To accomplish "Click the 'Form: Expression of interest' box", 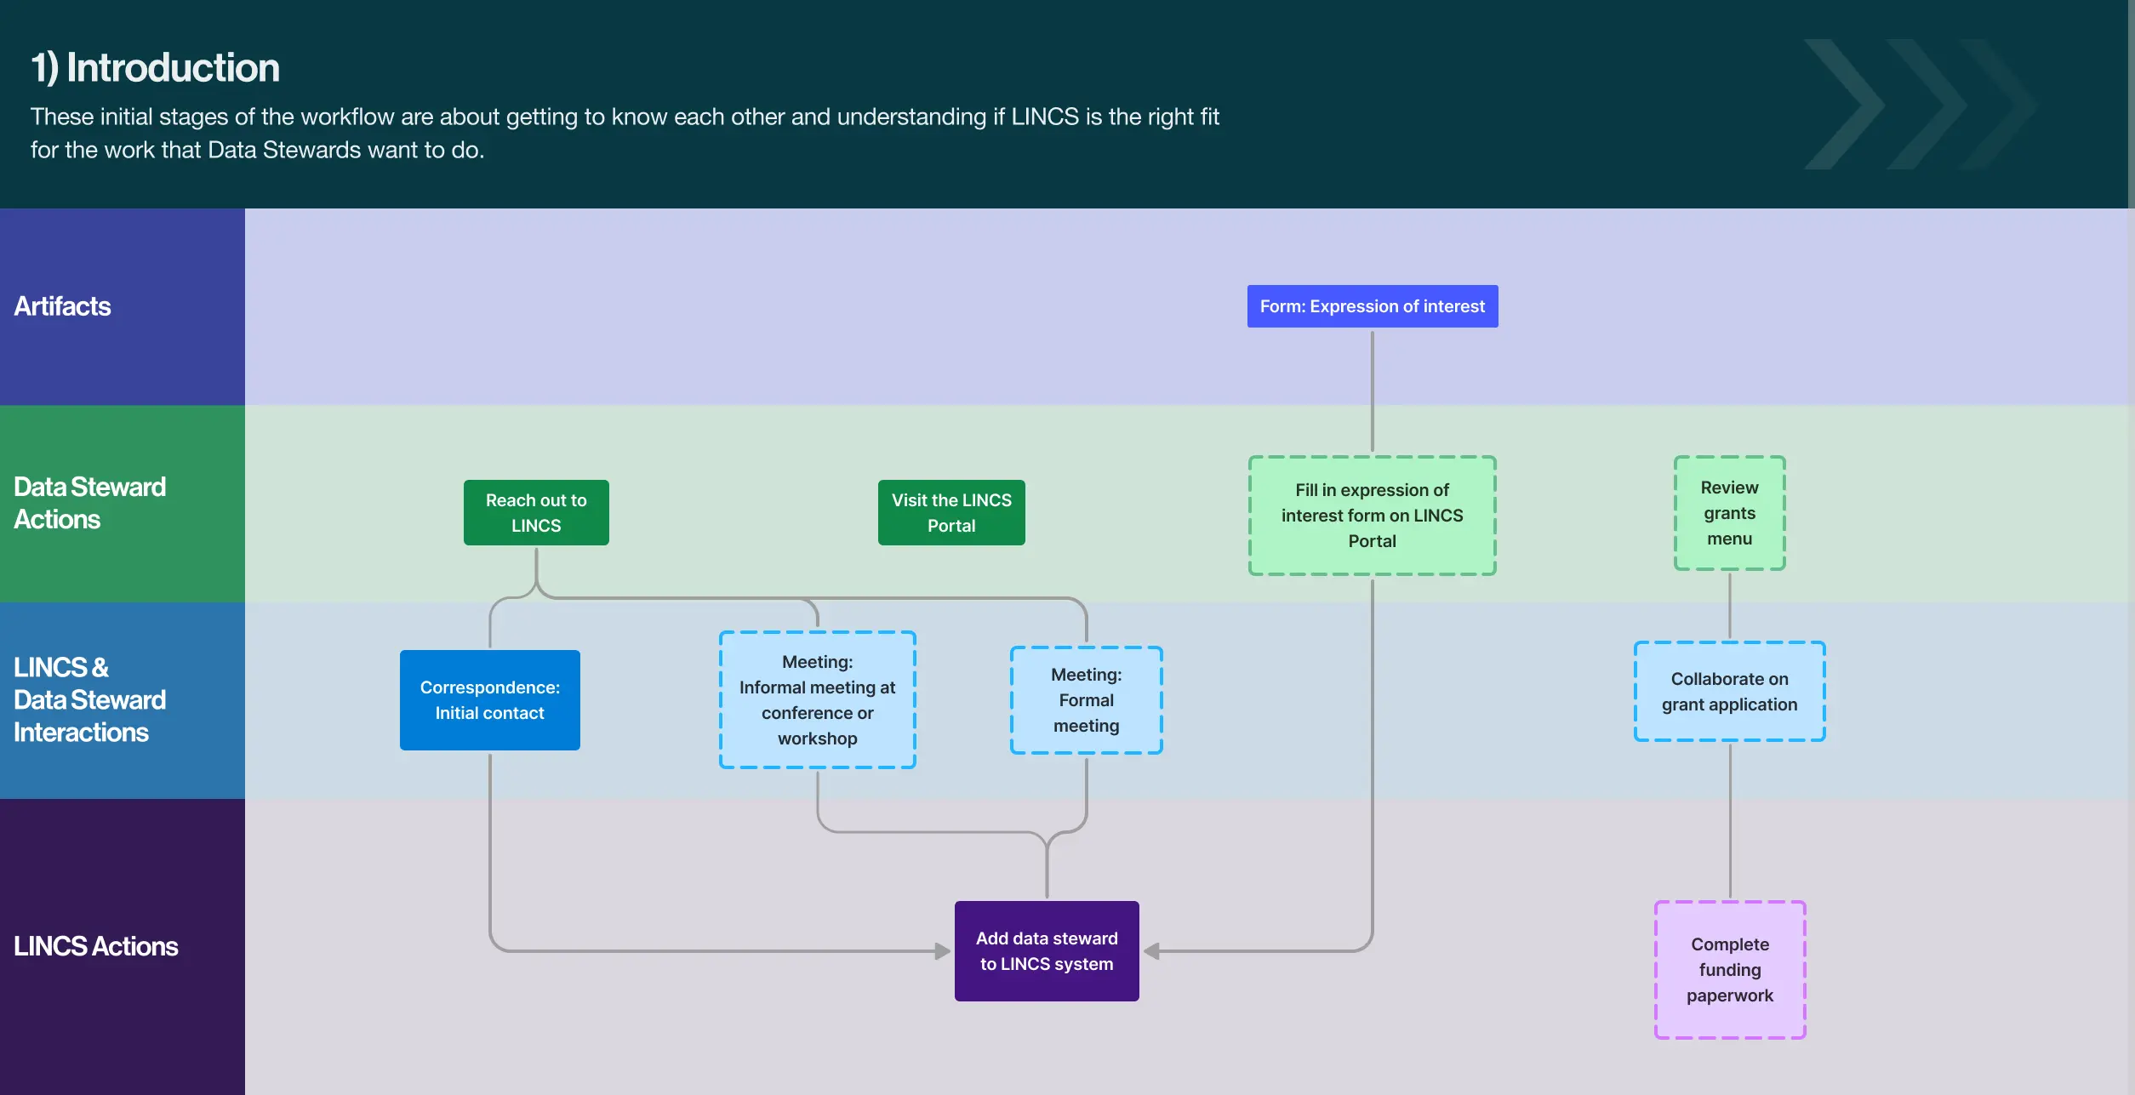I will pos(1372,306).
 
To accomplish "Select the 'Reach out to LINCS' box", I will pos(536,512).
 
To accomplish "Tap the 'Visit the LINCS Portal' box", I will pos(951,512).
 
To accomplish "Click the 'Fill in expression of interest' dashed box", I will pos(1372,516).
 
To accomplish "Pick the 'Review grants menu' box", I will pos(1729,513).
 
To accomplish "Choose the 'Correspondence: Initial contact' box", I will pos(489,699).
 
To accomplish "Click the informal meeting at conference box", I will pos(817,699).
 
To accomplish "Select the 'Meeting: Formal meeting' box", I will pos(1086,699).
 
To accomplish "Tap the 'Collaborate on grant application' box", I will pos(1729,691).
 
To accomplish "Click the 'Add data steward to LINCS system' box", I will pos(1047,950).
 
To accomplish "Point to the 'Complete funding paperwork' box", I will pos(1730,969).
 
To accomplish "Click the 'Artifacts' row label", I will pos(62,306).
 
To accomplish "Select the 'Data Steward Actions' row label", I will pos(89,503).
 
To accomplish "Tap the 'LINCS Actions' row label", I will pos(95,946).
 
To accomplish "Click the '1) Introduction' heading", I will pos(155,68).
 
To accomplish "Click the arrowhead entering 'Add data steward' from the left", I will pos(943,950).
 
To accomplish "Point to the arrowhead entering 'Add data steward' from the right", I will pos(1151,950).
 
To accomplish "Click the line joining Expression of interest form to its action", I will pos(1372,391).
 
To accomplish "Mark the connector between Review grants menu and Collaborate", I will pos(1729,606).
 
